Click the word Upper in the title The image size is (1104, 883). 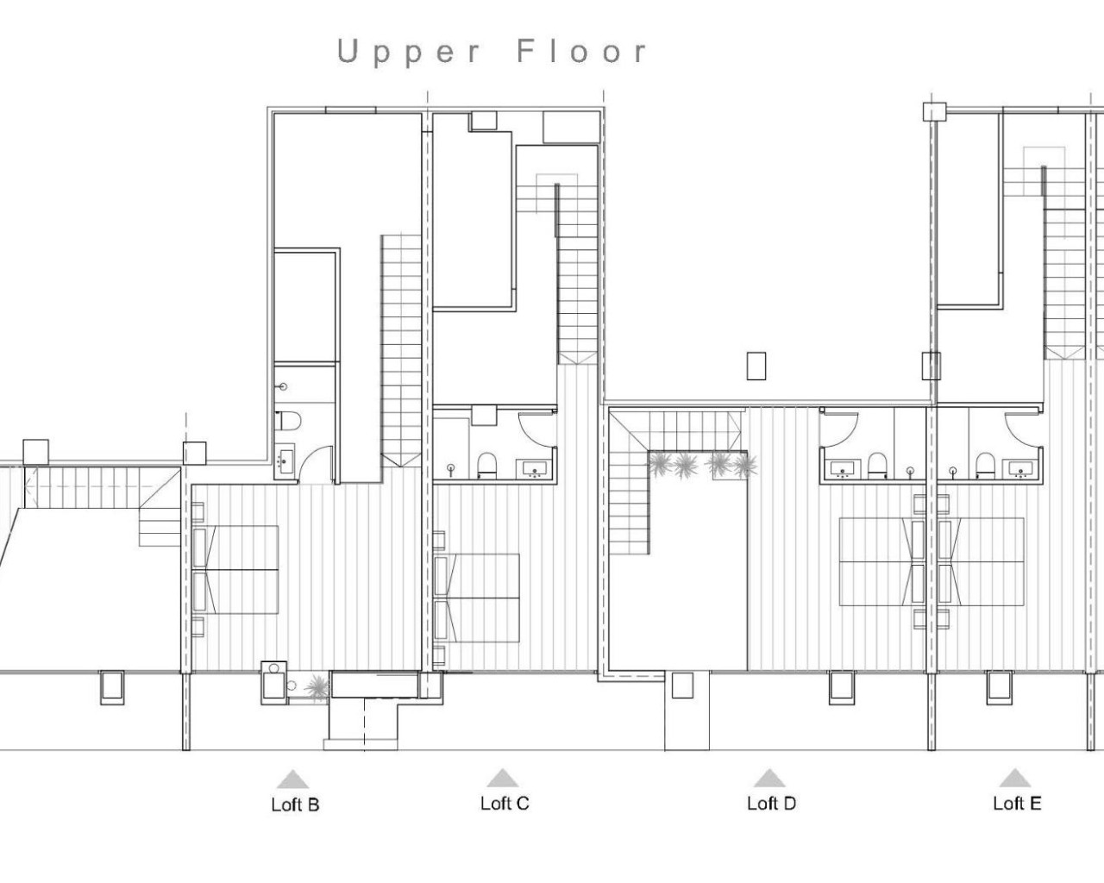point(409,53)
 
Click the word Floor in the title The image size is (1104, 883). point(581,52)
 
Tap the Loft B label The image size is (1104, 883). point(295,805)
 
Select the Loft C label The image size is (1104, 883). point(505,804)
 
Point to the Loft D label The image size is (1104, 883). point(771,804)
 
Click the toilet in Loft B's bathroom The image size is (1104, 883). point(287,422)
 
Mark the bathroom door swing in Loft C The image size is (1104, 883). point(536,429)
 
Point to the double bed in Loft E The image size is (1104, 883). point(983,560)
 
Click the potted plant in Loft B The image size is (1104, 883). point(317,686)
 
